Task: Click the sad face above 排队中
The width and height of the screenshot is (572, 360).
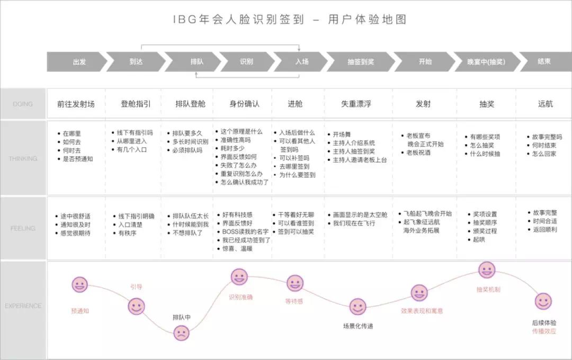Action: [x=181, y=332]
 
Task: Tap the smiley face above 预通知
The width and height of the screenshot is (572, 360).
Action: [x=80, y=285]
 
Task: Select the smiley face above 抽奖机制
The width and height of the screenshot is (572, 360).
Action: [x=487, y=269]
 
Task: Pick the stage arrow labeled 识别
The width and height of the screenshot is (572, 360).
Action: [x=246, y=61]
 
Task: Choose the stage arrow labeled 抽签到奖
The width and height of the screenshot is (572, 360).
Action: [x=360, y=61]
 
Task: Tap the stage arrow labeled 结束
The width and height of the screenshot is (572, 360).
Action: [x=544, y=61]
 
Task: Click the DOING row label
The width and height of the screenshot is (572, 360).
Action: [x=23, y=104]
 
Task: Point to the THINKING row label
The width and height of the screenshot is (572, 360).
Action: [x=23, y=158]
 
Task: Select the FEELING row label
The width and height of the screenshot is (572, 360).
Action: [x=23, y=228]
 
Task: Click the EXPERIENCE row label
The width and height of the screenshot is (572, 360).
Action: [x=23, y=305]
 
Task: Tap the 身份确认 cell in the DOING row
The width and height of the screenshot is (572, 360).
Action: [x=244, y=104]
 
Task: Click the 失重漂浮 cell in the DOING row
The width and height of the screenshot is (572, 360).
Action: [x=356, y=104]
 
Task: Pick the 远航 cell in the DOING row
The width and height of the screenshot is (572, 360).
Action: [x=545, y=104]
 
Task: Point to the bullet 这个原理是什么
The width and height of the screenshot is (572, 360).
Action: [x=242, y=132]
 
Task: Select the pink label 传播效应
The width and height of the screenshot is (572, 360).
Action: [x=544, y=331]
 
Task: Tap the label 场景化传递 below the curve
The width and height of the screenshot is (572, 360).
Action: [x=358, y=326]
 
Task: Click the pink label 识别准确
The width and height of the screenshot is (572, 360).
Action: [x=240, y=297]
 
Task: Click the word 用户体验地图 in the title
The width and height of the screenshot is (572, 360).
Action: [x=367, y=20]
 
